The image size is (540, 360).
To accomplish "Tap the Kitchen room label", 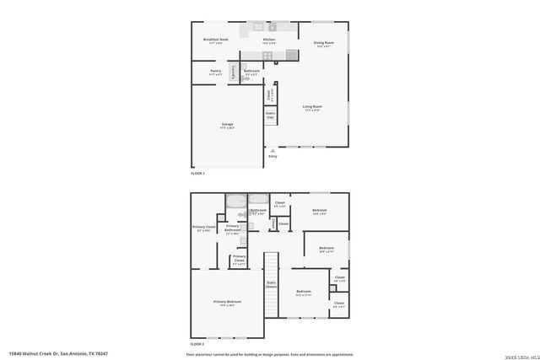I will click(269, 40).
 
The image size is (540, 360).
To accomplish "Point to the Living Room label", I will click(312, 107).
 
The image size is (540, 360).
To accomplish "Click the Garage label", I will click(228, 126).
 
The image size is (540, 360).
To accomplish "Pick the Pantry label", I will click(216, 73).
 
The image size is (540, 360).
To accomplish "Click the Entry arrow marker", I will click(273, 150).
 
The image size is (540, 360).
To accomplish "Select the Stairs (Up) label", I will click(271, 114).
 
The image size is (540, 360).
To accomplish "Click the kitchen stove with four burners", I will click(267, 56).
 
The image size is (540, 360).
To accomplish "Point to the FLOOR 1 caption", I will click(198, 173).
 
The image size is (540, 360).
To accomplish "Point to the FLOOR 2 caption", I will click(198, 344).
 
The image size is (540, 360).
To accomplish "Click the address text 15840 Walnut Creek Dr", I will click(59, 353).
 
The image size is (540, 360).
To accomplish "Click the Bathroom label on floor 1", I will click(251, 73).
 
